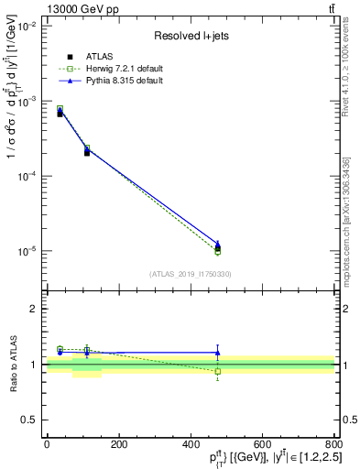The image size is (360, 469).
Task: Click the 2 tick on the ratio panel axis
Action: (33, 310)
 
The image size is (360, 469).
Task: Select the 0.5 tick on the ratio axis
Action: (29, 420)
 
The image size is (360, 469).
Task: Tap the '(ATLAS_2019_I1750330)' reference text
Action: (190, 274)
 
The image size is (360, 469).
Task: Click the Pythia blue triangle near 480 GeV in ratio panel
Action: (217, 353)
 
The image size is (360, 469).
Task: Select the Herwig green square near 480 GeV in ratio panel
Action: (217, 371)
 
